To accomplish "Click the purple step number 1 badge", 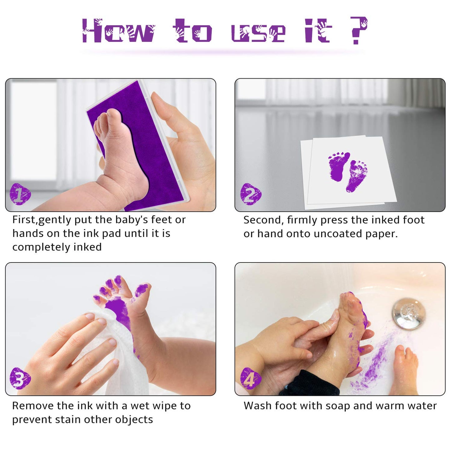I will pos(20,194).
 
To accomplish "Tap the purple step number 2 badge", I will pos(250,194).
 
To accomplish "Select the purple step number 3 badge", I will pos(20,378).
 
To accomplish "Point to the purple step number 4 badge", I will pos(250,378).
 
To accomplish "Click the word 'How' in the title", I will pos(118,31).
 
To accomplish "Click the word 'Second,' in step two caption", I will pos(263,220).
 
